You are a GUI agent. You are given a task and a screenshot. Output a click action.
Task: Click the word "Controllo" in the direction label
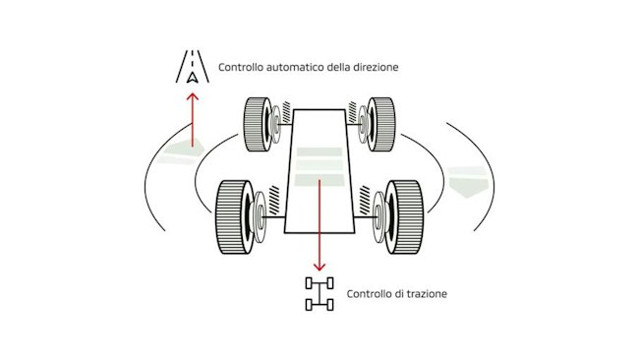pos(241,67)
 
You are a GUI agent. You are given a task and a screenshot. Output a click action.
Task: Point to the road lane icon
pos(193,67)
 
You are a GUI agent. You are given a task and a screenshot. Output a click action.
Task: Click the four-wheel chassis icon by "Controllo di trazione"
pos(319,293)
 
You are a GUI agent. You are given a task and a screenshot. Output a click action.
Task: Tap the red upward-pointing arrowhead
pos(193,97)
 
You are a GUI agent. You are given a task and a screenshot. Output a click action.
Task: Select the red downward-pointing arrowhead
pos(319,267)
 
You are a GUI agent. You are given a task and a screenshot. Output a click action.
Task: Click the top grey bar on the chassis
pos(319,151)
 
